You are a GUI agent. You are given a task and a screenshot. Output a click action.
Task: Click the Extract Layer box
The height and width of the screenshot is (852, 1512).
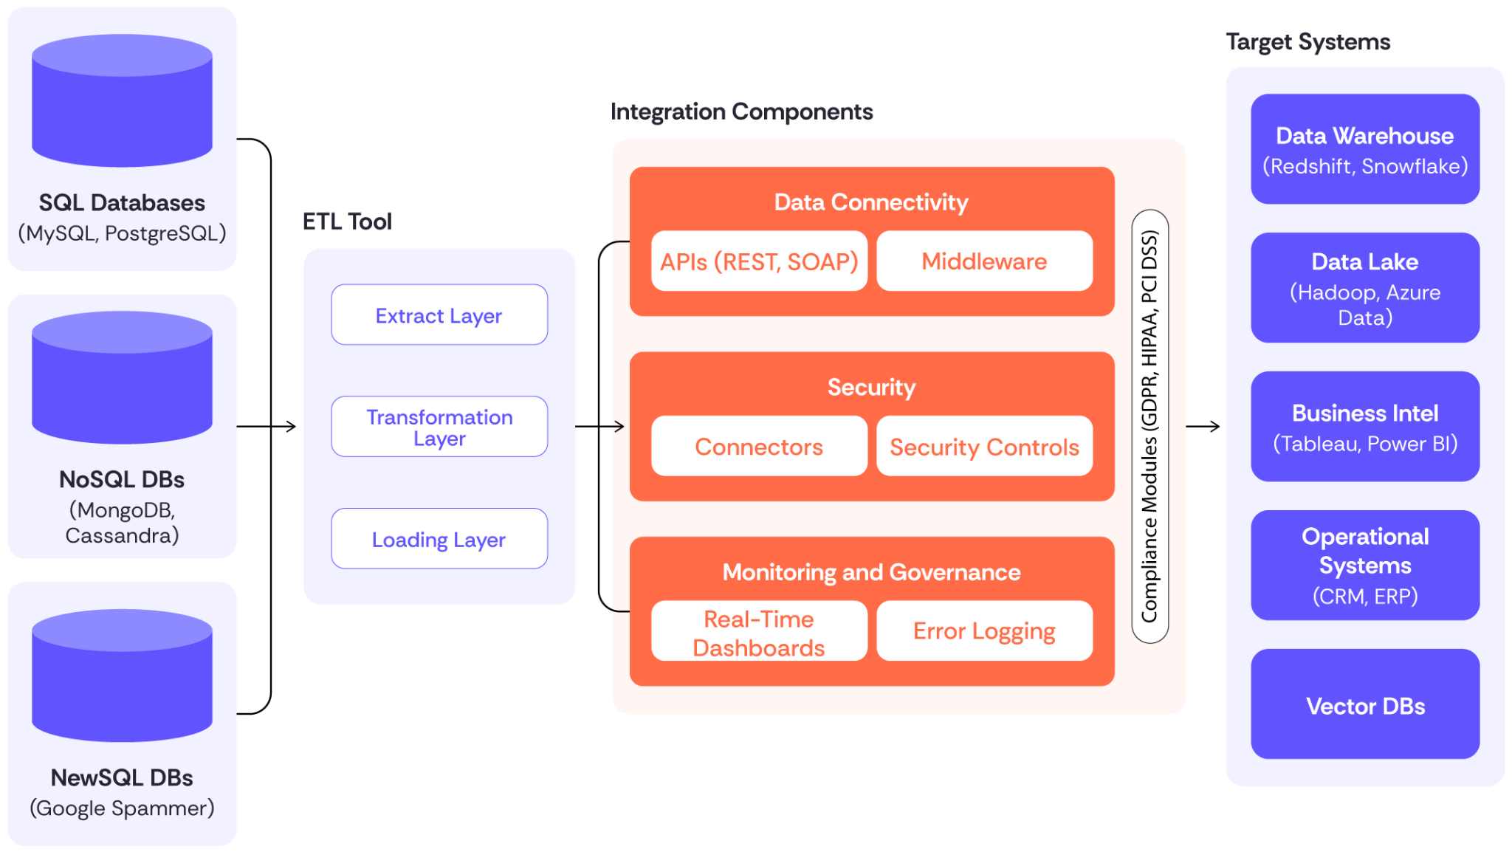pyautogui.click(x=439, y=315)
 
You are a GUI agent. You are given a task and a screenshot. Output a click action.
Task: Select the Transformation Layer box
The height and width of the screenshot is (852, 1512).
pyautogui.click(x=439, y=427)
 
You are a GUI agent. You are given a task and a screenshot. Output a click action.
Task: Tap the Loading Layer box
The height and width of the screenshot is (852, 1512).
pyautogui.click(x=439, y=539)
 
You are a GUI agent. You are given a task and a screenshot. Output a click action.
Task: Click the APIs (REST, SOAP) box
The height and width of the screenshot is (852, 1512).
pyautogui.click(x=759, y=261)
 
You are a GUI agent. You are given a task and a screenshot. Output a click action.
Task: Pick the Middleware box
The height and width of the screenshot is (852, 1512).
pyautogui.click(x=984, y=261)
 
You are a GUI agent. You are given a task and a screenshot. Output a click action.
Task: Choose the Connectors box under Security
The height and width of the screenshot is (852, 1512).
pyautogui.click(x=759, y=447)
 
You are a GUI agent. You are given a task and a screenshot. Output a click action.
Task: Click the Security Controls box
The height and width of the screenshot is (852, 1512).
pyautogui.click(x=984, y=447)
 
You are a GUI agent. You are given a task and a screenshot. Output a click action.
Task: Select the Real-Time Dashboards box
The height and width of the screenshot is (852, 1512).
pyautogui.click(x=759, y=632)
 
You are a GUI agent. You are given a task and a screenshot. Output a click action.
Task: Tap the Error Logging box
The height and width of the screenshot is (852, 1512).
pyautogui.click(x=984, y=631)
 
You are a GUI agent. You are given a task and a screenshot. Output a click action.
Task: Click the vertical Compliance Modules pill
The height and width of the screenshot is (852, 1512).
pyautogui.click(x=1150, y=427)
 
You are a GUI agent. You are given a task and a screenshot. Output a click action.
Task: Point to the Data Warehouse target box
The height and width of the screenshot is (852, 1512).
pyautogui.click(x=1365, y=149)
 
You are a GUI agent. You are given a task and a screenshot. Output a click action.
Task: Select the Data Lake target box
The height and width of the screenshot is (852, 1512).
pyautogui.click(x=1365, y=288)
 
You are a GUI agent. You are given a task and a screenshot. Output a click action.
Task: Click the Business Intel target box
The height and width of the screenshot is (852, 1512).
pyautogui.click(x=1365, y=427)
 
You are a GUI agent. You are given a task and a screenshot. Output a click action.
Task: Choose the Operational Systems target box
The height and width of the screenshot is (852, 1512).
pyautogui.click(x=1365, y=566)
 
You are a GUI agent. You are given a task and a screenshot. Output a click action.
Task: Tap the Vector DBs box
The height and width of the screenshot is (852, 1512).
pyautogui.click(x=1365, y=704)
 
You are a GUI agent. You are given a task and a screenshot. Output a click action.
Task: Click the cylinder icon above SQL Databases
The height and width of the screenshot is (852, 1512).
pyautogui.click(x=122, y=101)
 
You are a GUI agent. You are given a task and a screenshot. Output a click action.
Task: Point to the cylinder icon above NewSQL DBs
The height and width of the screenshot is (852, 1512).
pyautogui.click(x=122, y=676)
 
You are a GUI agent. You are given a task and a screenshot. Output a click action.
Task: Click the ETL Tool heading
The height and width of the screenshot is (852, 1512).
pyautogui.click(x=346, y=221)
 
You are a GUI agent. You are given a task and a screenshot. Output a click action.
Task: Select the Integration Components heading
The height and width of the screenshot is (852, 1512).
pyautogui.click(x=741, y=111)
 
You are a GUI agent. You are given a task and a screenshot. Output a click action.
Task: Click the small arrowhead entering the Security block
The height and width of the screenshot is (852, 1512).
pyautogui.click(x=619, y=426)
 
